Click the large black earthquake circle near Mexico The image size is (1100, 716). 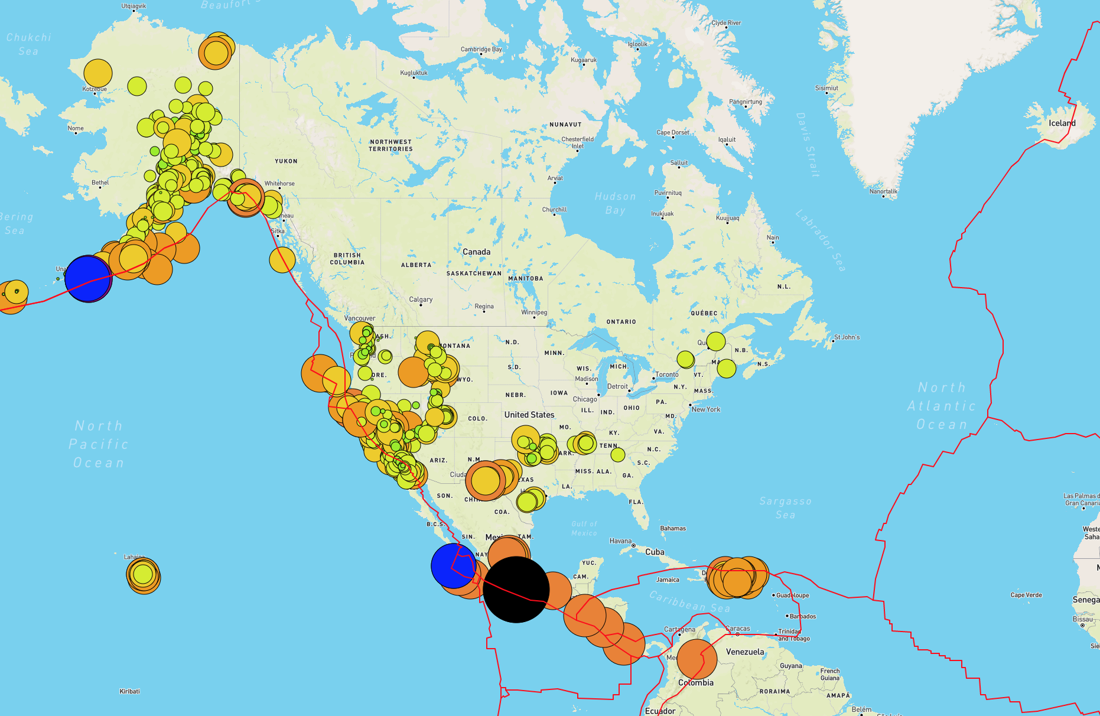pos(516,589)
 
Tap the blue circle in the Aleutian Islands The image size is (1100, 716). pos(88,278)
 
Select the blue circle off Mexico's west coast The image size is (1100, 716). pos(454,566)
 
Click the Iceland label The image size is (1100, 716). pos(1062,123)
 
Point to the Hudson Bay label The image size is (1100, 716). pos(615,203)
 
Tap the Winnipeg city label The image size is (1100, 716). pos(534,313)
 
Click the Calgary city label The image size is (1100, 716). pos(421,300)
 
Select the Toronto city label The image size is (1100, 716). pos(667,375)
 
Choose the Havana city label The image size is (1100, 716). pos(620,541)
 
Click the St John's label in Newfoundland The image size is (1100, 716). pos(847,337)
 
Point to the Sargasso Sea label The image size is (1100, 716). pos(785,507)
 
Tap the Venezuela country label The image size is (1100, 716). pos(745,652)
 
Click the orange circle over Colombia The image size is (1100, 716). pos(697,659)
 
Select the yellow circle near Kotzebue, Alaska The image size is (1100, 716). pos(98,73)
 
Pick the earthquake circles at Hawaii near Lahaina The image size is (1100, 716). pos(143,575)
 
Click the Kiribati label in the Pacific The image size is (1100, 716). pos(129,691)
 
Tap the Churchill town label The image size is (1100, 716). pos(554,210)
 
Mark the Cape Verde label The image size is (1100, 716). pos(1026,595)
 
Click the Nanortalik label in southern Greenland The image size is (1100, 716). pos(883,191)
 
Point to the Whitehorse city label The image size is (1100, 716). pos(279,184)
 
